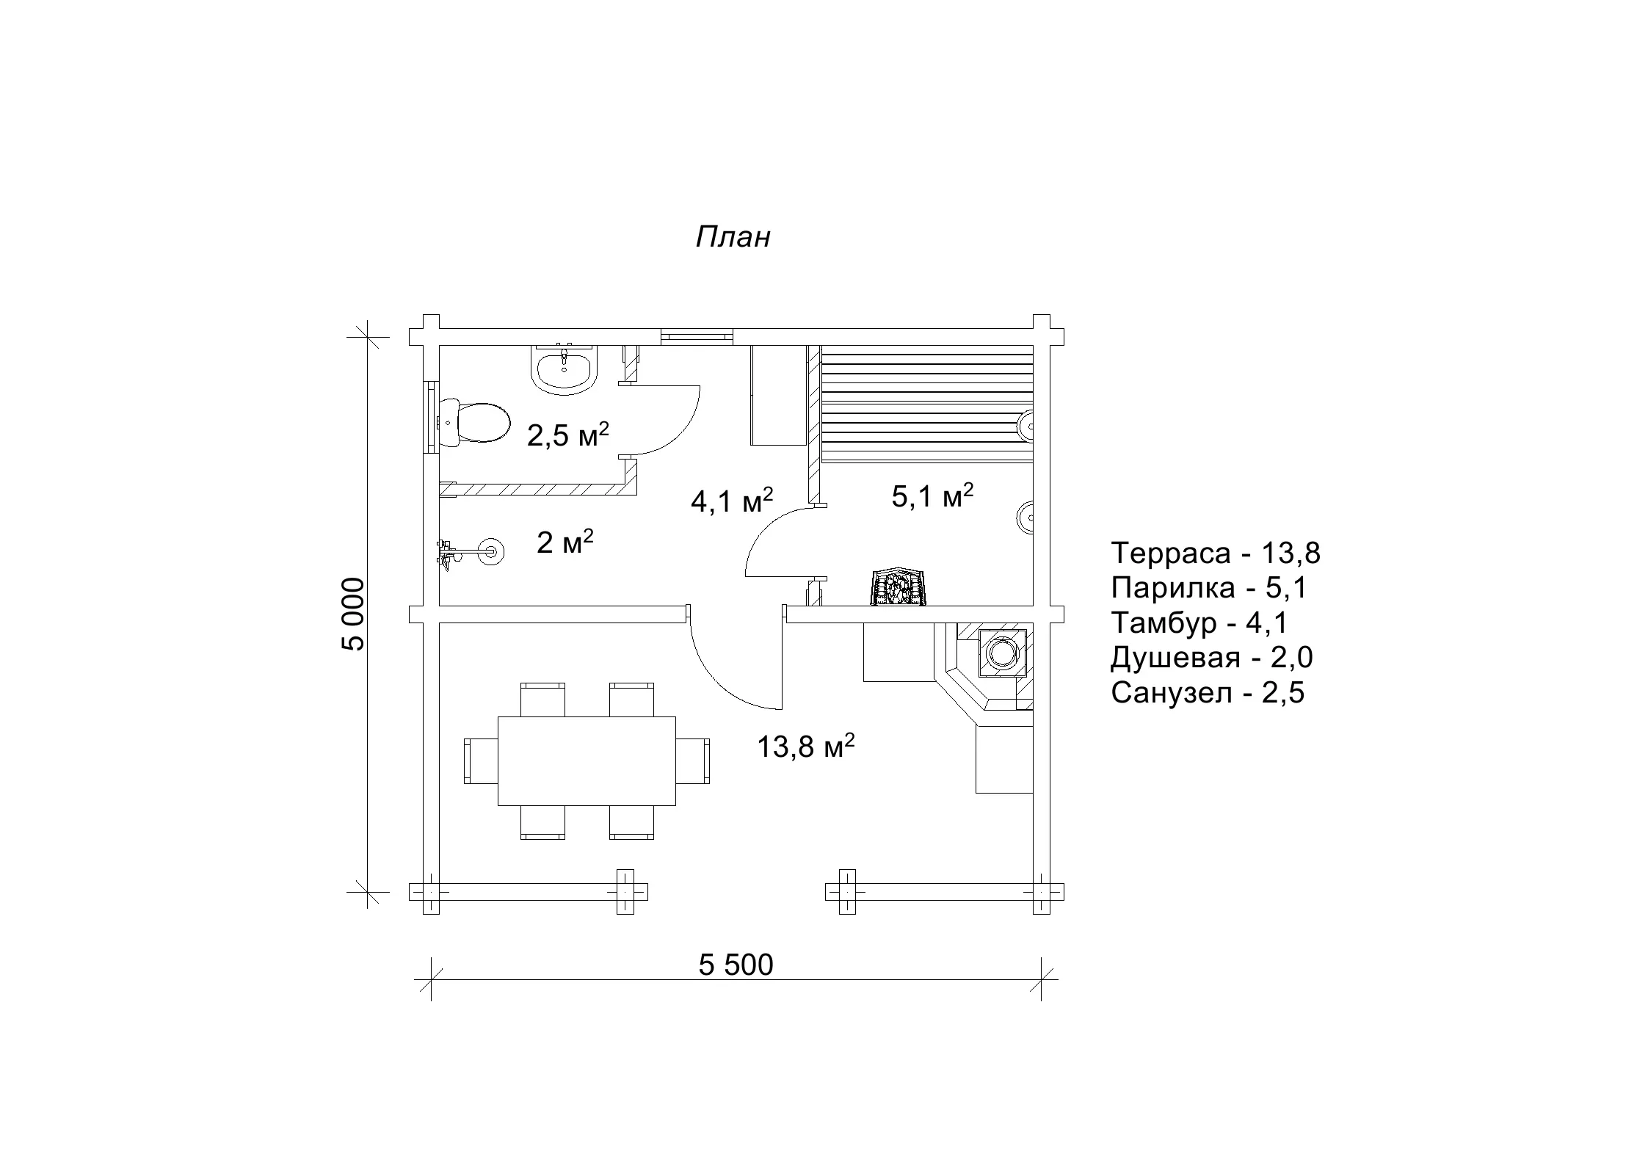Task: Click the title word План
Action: pyautogui.click(x=733, y=237)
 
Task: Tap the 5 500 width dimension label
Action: pyautogui.click(x=736, y=965)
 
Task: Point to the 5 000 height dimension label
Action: pyautogui.click(x=352, y=614)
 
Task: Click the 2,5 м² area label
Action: pyautogui.click(x=568, y=435)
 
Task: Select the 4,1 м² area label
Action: pyautogui.click(x=732, y=500)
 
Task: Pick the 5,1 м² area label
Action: pyautogui.click(x=932, y=496)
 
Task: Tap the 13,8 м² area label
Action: pyautogui.click(x=806, y=747)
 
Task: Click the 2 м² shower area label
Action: pyautogui.click(x=565, y=542)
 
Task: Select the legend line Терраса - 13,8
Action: pyautogui.click(x=1216, y=553)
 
